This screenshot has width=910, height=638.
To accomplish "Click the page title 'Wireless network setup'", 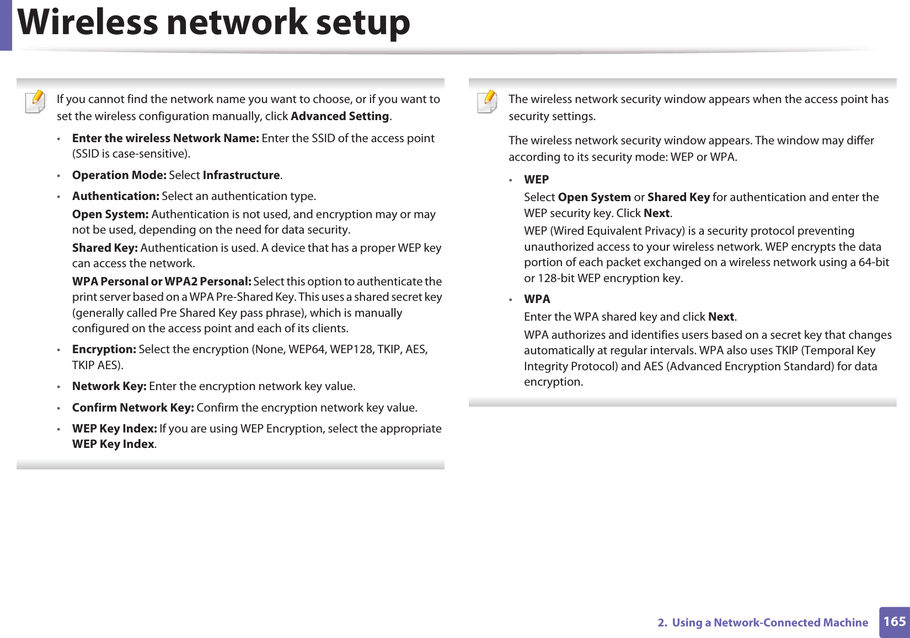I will (x=214, y=23).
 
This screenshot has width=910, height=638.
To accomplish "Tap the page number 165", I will (x=894, y=621).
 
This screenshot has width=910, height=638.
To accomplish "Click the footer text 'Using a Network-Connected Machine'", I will (x=769, y=623).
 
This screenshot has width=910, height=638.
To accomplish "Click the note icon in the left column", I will (x=36, y=102).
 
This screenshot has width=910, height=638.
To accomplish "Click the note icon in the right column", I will (x=488, y=102).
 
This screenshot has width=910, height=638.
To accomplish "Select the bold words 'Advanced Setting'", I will (x=340, y=116).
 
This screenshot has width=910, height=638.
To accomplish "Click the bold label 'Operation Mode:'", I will (x=119, y=175).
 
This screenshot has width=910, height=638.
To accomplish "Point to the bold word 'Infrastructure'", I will (x=242, y=175).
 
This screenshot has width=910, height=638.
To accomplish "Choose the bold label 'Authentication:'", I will (x=116, y=196).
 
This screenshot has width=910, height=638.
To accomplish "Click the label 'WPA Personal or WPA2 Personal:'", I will (x=162, y=282).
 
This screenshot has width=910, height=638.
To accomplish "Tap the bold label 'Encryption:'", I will (x=104, y=349).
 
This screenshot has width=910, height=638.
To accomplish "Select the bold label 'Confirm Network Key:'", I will (x=133, y=408).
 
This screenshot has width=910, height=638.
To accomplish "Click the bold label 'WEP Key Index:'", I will (x=115, y=429).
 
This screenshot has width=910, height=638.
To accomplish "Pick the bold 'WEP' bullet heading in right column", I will (x=536, y=180).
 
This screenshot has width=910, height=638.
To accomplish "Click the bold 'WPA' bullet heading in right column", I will (x=537, y=299).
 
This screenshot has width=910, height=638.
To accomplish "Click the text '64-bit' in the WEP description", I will (x=874, y=262).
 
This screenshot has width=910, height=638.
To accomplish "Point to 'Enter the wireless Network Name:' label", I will (x=165, y=138).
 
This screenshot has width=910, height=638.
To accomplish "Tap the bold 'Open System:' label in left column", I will (x=110, y=214).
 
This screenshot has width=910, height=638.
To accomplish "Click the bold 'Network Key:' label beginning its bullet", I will (x=109, y=386).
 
